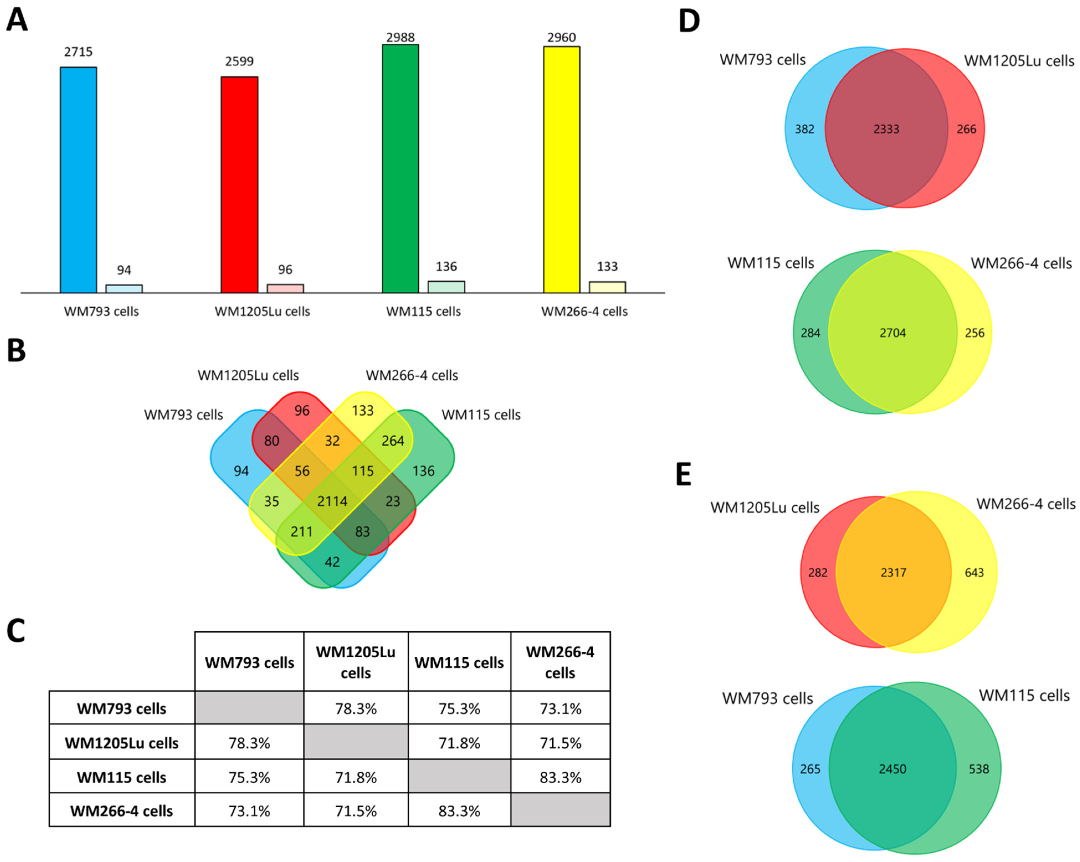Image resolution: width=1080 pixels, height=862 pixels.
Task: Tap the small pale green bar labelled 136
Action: click(x=446, y=287)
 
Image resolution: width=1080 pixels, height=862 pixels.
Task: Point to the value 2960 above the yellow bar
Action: click(x=561, y=38)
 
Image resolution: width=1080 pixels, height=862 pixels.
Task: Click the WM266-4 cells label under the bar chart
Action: click(x=584, y=312)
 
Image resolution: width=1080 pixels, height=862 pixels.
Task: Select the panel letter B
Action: click(x=17, y=351)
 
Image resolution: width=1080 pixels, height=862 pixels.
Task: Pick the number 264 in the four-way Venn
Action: click(x=393, y=441)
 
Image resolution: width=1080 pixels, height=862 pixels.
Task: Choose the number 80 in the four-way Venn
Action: click(x=271, y=441)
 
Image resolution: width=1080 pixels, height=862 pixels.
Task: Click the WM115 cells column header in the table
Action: click(x=459, y=663)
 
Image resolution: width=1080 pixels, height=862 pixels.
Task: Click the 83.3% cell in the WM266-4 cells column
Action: click(x=561, y=777)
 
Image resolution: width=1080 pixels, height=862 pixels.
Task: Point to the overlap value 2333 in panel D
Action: click(x=886, y=129)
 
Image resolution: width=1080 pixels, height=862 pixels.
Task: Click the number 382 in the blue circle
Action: click(x=804, y=129)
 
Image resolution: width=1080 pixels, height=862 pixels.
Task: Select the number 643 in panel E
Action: click(x=974, y=572)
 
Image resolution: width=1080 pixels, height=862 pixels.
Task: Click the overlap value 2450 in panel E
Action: click(x=893, y=769)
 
